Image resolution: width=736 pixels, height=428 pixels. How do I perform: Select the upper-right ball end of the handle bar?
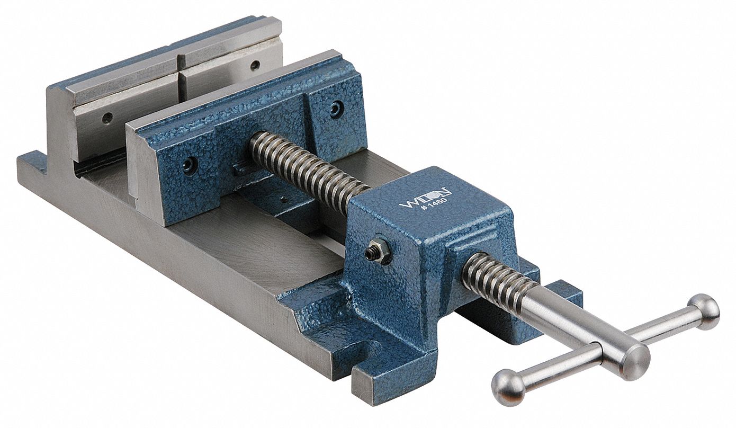pyautogui.click(x=705, y=311)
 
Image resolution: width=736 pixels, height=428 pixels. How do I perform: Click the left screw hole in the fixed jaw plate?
pyautogui.click(x=107, y=118)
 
